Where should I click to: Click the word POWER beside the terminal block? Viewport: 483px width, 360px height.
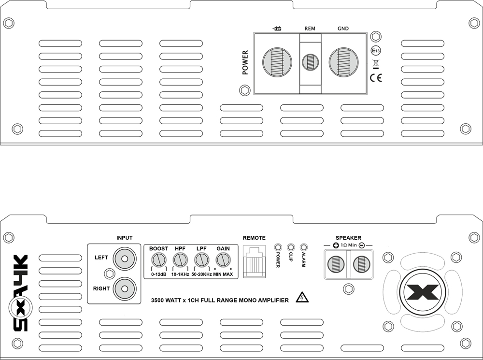(x=245, y=63)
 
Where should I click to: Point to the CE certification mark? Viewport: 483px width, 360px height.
(x=375, y=77)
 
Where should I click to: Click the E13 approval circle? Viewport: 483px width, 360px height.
(x=376, y=50)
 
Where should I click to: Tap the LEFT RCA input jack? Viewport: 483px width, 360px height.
(x=124, y=259)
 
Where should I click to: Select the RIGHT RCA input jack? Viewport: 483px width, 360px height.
(x=124, y=288)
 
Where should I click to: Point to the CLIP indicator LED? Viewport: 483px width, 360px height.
(x=291, y=246)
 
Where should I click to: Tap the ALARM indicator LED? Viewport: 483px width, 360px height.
(x=303, y=246)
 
